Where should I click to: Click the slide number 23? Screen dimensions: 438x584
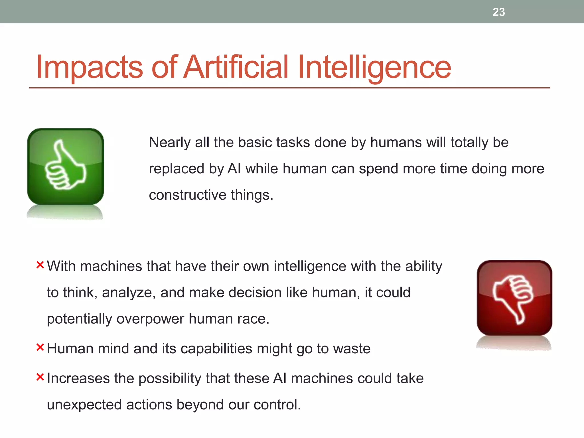tap(498, 12)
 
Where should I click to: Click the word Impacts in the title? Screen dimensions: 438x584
tap(89, 67)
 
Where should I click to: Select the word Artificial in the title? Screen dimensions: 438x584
tap(236, 67)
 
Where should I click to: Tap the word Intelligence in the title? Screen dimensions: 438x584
tap(374, 67)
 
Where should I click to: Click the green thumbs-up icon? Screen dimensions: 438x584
tap(66, 167)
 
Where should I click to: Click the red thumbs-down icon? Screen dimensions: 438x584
tap(514, 298)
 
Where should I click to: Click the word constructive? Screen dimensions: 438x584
tap(188, 195)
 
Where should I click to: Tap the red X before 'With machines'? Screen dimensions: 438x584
tap(40, 265)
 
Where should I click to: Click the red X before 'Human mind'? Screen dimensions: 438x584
tap(40, 347)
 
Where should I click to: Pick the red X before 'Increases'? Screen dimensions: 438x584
tap(40, 377)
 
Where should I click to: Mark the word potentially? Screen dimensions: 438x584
tap(79, 319)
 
